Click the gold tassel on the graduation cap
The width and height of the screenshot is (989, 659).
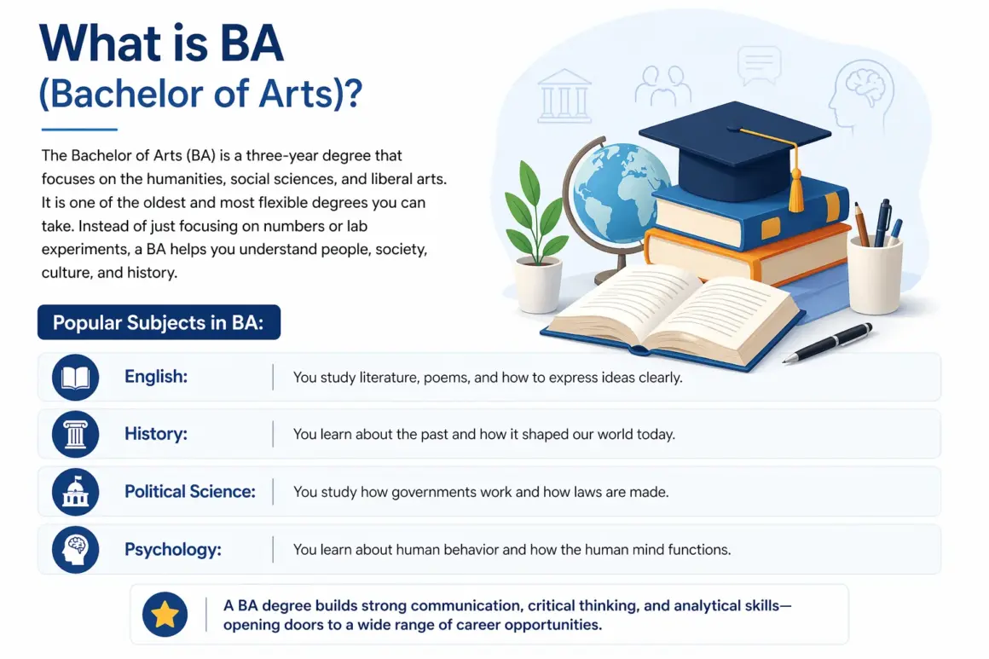[x=796, y=193]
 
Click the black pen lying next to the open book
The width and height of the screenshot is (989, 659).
[x=827, y=343]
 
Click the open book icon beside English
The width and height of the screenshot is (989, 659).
[x=76, y=377]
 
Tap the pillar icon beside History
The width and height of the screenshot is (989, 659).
[x=76, y=435]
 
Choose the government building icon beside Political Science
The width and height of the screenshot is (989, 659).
[x=76, y=492]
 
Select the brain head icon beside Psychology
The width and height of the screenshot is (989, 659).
[x=76, y=550]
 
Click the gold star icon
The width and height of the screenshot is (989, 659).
[x=165, y=615]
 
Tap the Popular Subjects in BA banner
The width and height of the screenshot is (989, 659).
[x=159, y=323]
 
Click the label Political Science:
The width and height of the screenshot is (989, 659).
[x=190, y=492]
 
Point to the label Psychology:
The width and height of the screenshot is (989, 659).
[x=173, y=550]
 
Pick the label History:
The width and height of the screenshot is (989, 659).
[x=156, y=435]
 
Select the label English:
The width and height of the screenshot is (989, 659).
[x=154, y=377]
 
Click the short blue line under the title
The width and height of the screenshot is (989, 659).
[x=79, y=130]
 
